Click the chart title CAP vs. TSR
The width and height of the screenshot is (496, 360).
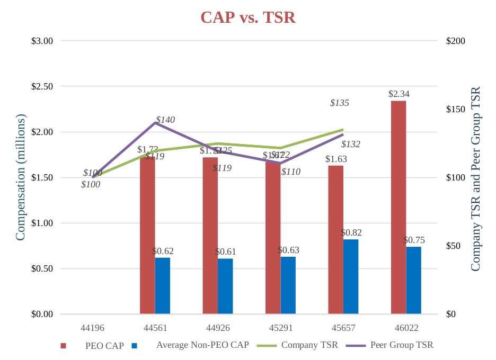tap(248, 17)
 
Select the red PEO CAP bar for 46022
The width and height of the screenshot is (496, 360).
tap(398, 207)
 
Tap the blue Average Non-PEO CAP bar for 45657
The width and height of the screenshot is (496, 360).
tap(351, 276)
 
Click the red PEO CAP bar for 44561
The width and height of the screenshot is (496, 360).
tap(147, 235)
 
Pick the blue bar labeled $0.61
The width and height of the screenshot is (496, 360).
tap(225, 286)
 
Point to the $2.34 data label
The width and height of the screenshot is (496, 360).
tap(399, 94)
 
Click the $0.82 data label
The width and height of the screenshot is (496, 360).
tap(351, 232)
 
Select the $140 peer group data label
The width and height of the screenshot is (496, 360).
tap(165, 120)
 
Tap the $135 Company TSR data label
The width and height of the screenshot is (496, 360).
tap(339, 103)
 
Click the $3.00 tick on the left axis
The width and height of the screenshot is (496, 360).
tap(42, 41)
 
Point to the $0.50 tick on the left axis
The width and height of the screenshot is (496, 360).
tap(42, 269)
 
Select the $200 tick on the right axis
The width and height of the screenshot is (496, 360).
tap(456, 41)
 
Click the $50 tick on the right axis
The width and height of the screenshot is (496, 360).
tap(455, 246)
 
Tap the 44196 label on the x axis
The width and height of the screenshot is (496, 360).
tap(93, 328)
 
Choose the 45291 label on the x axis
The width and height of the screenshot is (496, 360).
tap(280, 328)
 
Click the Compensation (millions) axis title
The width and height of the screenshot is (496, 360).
tap(21, 177)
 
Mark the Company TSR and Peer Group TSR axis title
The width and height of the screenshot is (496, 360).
tap(475, 179)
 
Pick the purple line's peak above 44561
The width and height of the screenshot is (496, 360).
tap(155, 123)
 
